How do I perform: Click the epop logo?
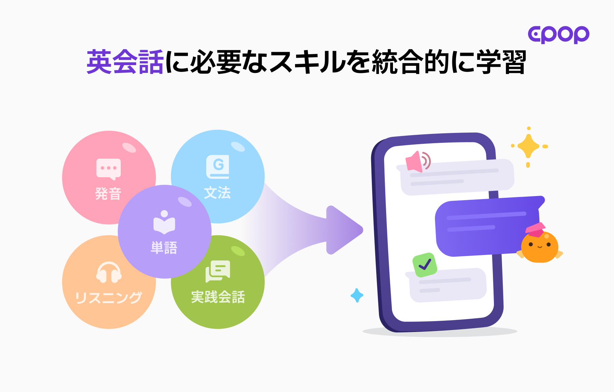tap(558, 34)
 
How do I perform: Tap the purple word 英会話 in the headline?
tap(125, 62)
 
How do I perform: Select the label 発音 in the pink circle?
tap(108, 194)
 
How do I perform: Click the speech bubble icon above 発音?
tap(108, 169)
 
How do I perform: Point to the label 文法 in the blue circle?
tap(217, 193)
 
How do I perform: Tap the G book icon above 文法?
tap(218, 167)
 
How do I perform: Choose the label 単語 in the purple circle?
tap(164, 247)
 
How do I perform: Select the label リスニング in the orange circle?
tap(108, 298)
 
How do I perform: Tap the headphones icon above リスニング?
tap(109, 272)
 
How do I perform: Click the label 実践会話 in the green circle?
tap(218, 297)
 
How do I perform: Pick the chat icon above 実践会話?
tap(218, 271)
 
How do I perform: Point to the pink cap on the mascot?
tap(535, 229)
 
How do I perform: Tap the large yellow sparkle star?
tap(528, 146)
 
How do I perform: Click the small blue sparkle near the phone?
tap(357, 295)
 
